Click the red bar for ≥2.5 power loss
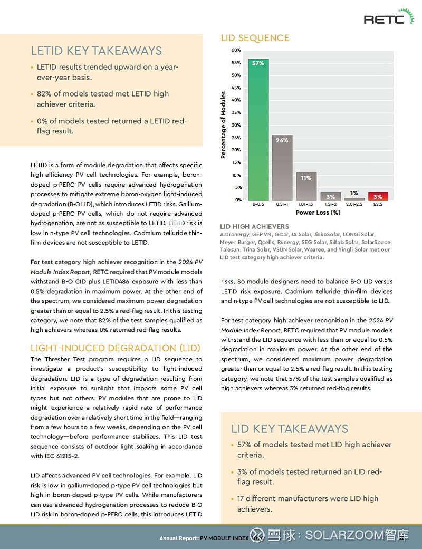pos(378,196)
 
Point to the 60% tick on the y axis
pos(236,50)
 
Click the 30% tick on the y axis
pos(236,125)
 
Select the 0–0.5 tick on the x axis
pos(258,204)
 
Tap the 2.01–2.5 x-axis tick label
pos(354,204)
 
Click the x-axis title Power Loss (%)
pos(318,213)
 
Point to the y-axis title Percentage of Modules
pos(223,125)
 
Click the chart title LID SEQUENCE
pos(255,38)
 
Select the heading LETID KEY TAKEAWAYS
pos(96,51)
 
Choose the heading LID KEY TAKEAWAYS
pos(290,428)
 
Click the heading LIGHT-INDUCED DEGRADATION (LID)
pos(115,348)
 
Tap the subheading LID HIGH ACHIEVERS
pos(254,226)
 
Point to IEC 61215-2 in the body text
pos(53,456)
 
